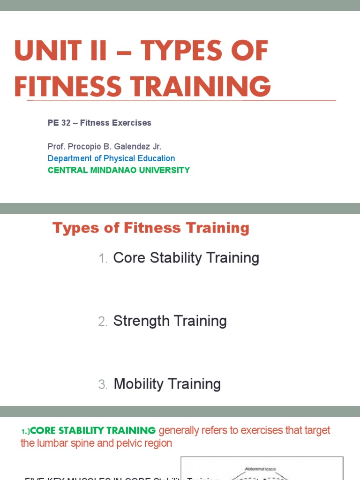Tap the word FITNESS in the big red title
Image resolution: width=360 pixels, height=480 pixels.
tap(67, 87)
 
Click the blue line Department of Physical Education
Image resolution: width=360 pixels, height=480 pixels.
tap(112, 158)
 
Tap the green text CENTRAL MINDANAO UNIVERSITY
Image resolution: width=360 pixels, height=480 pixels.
tap(119, 170)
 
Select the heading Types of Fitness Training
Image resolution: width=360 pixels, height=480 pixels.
tap(151, 228)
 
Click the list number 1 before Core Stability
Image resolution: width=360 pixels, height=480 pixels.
tap(103, 259)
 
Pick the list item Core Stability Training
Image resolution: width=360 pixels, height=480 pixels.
tap(186, 258)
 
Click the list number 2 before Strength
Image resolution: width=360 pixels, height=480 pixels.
tap(103, 322)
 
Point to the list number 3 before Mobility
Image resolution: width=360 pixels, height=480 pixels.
tap(103, 385)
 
